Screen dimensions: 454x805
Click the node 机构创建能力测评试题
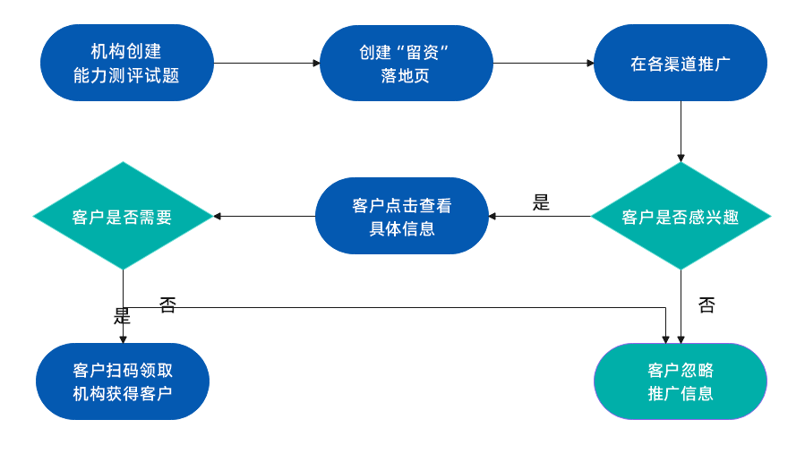click(126, 63)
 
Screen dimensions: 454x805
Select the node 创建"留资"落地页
click(406, 63)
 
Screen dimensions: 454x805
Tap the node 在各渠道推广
click(680, 63)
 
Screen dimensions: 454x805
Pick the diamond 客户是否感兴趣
click(680, 216)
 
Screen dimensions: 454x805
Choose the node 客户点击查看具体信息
click(401, 216)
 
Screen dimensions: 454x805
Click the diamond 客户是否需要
click(123, 216)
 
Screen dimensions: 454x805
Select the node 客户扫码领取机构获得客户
click(123, 381)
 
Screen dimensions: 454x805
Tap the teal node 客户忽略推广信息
click(680, 381)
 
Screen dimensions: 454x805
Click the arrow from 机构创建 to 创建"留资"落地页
click(266, 63)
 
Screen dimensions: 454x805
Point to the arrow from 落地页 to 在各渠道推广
click(543, 63)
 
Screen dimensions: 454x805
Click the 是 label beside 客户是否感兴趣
click(541, 202)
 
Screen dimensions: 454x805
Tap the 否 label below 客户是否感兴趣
click(707, 305)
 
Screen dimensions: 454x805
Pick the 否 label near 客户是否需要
click(167, 305)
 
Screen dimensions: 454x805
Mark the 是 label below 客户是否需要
click(122, 316)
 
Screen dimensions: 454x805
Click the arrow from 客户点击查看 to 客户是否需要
click(264, 216)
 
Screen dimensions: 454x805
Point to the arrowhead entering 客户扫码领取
click(123, 338)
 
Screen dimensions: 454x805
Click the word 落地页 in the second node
click(405, 75)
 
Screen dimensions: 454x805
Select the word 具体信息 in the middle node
click(402, 228)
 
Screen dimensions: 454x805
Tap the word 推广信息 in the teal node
click(681, 393)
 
